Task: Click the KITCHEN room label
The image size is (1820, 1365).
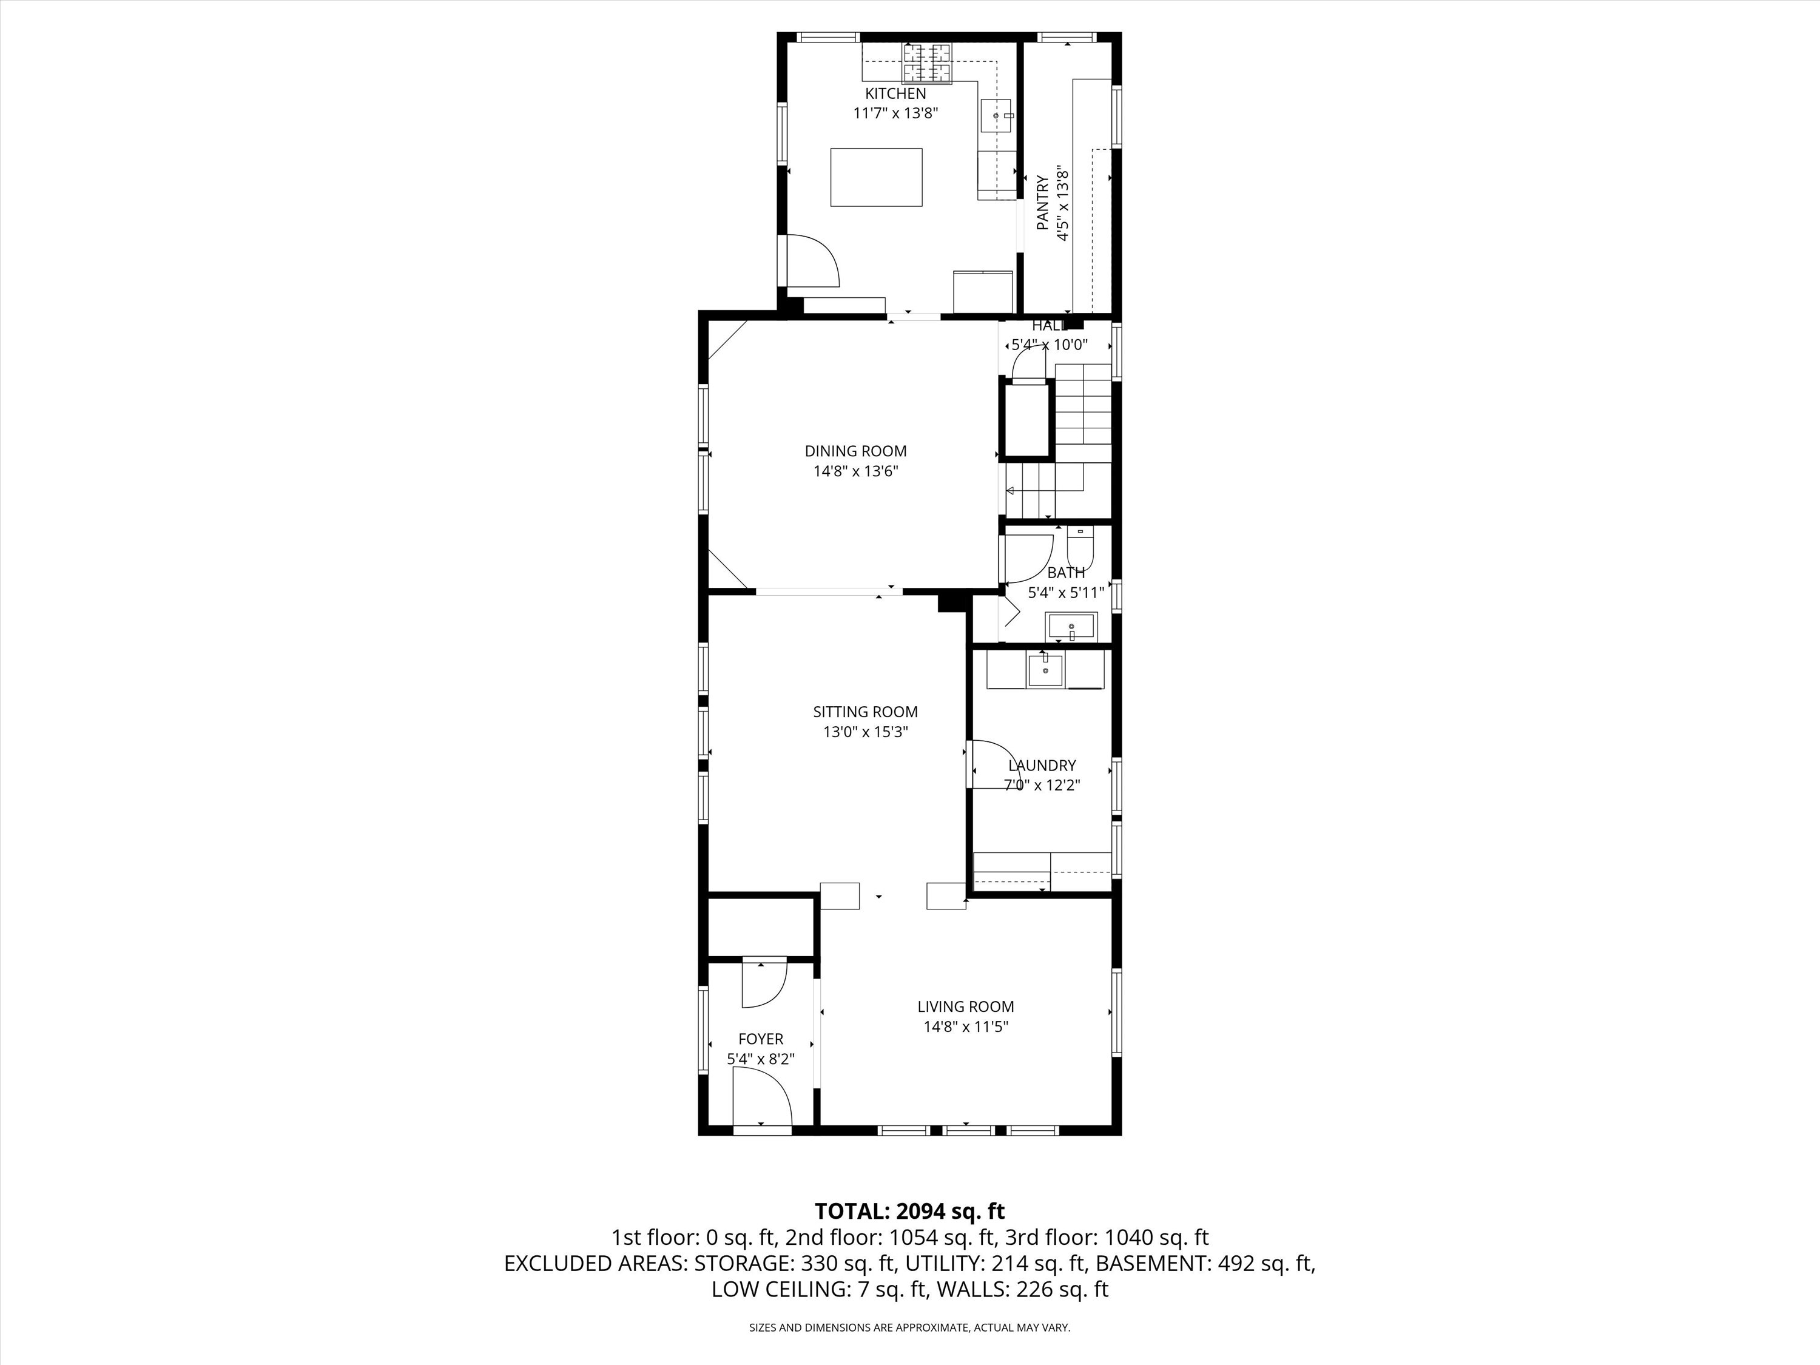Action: point(895,94)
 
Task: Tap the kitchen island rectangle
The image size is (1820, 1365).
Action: point(876,177)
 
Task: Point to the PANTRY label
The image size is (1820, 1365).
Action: point(1042,203)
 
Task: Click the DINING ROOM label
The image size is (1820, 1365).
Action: point(855,451)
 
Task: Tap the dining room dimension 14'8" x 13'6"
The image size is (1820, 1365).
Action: point(855,471)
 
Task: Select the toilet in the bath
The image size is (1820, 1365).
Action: point(1079,543)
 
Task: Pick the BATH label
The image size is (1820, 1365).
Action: point(1067,573)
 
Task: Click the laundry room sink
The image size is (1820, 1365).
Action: point(1045,669)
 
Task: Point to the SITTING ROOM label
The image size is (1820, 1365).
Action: point(866,712)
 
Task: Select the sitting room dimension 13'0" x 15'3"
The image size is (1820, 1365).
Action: point(866,732)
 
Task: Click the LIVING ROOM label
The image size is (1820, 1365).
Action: point(966,1006)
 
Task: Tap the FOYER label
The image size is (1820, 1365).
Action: point(761,1039)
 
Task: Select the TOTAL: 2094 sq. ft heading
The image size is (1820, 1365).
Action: point(910,1210)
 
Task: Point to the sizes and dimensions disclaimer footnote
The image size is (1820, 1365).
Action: point(909,1327)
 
